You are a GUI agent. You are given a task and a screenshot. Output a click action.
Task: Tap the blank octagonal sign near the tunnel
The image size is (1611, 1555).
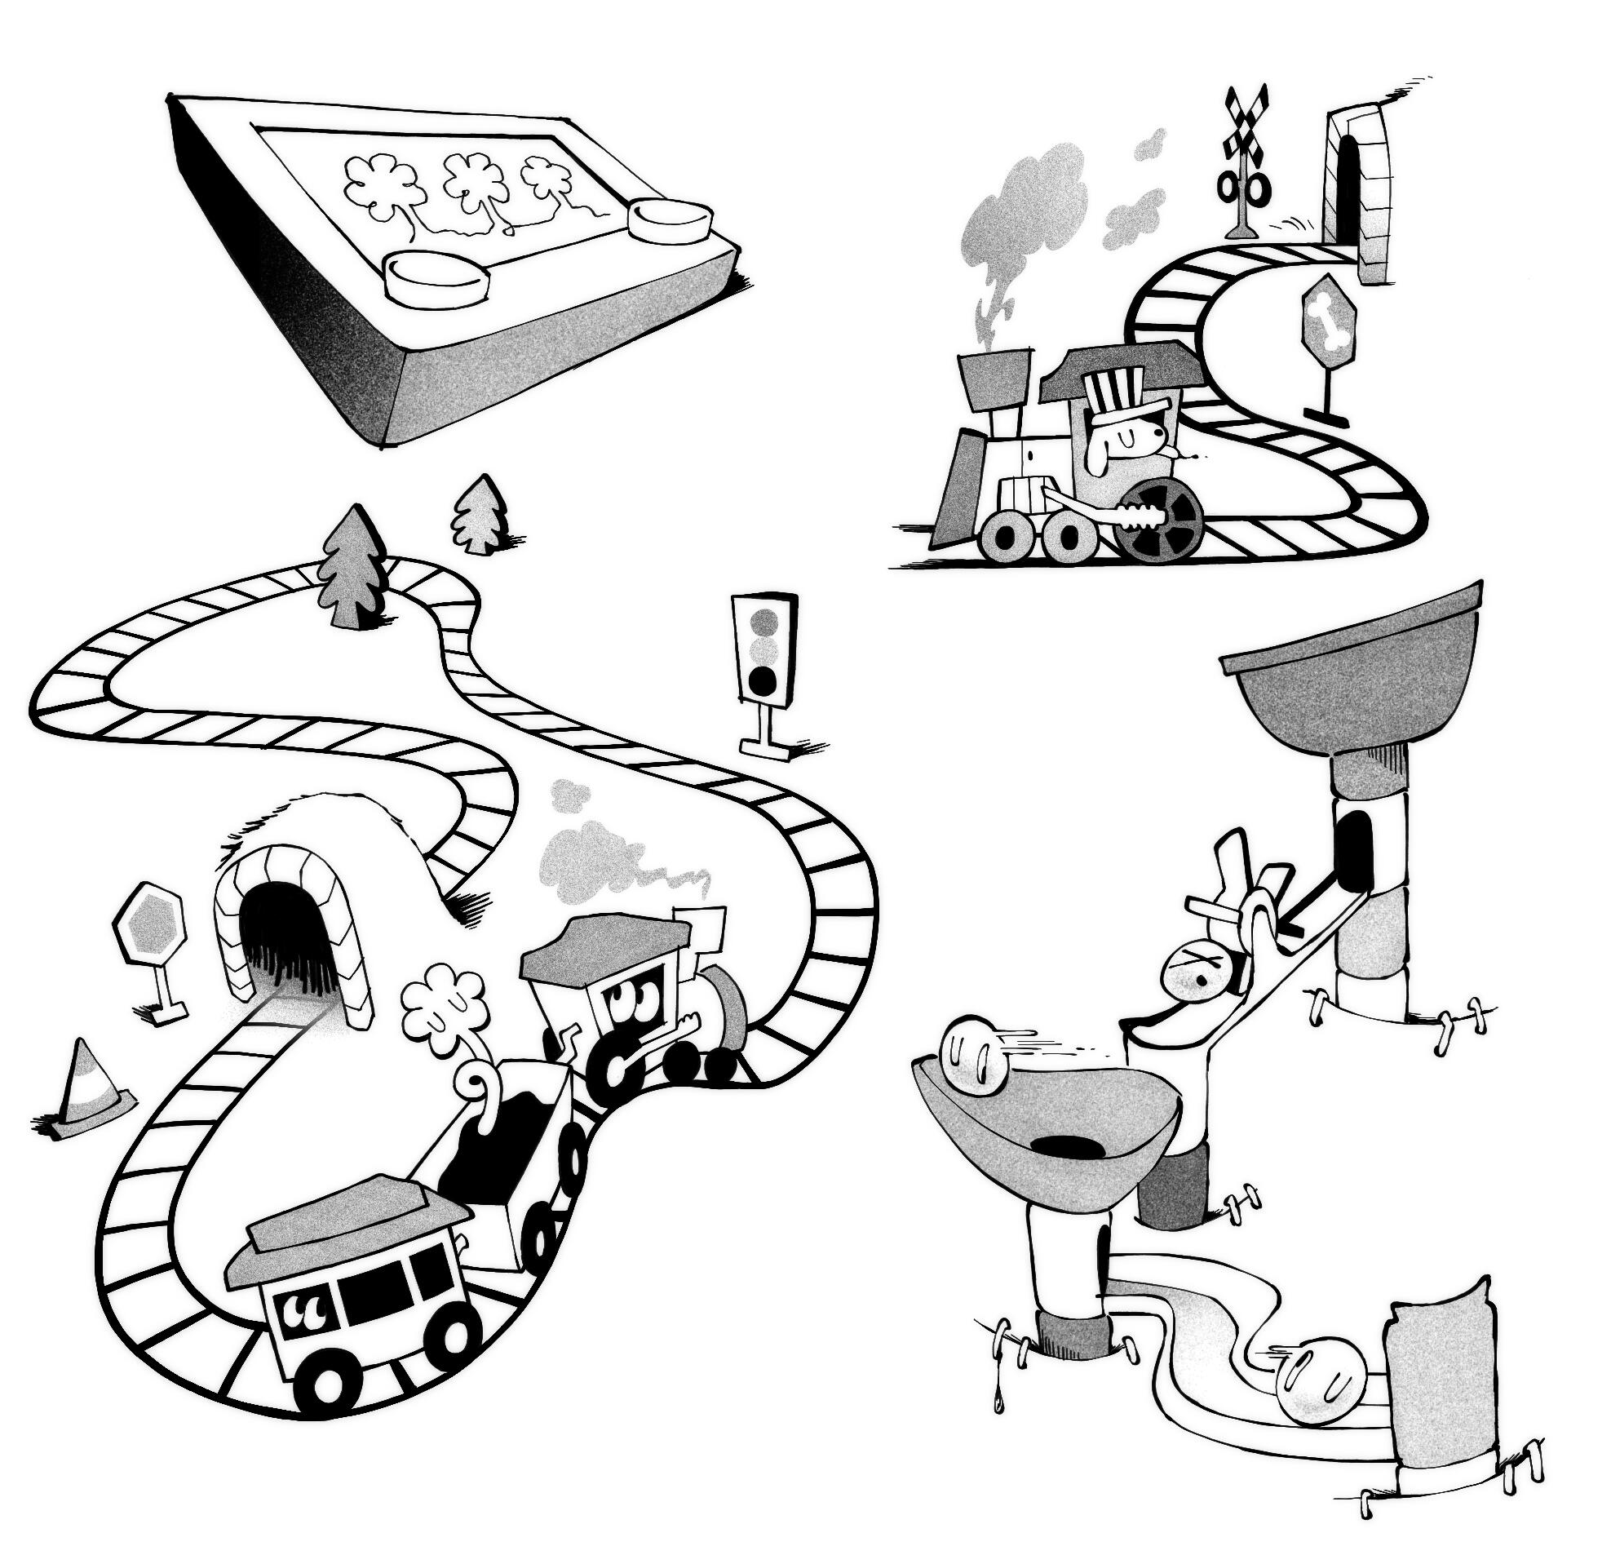coord(150,918)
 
